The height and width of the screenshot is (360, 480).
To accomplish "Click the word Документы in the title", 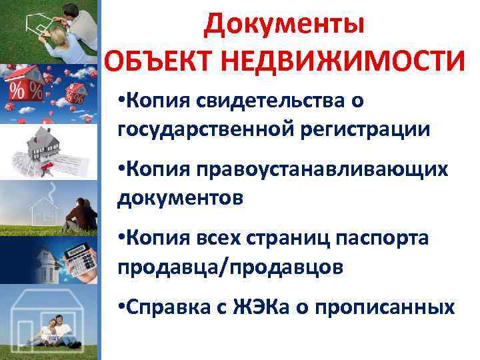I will (x=285, y=25).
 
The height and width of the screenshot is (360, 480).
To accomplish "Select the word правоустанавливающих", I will (x=322, y=170).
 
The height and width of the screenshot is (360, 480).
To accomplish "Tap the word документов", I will (x=177, y=197).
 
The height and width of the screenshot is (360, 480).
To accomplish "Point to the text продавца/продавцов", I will (x=231, y=267).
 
